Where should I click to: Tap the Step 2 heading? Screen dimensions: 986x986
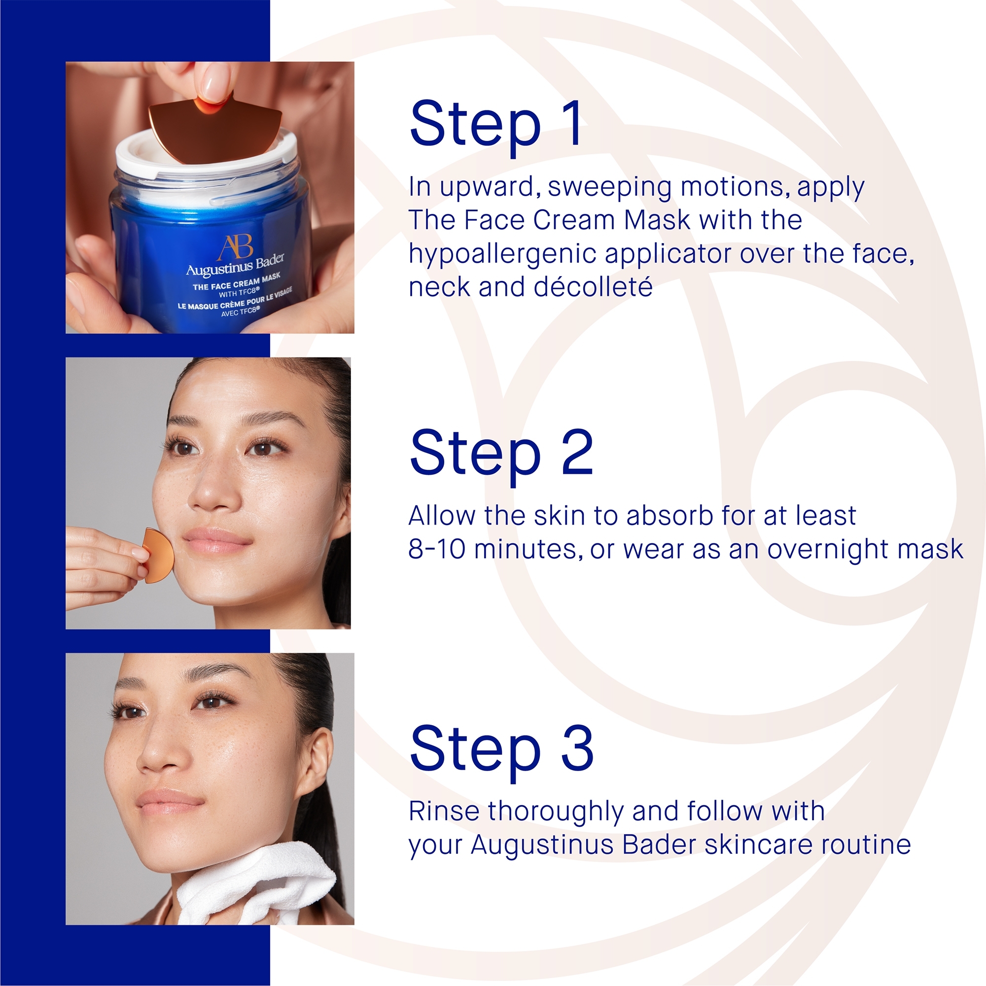[501, 453]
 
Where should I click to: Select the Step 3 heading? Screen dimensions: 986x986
[501, 749]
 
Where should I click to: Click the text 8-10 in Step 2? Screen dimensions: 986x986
[437, 550]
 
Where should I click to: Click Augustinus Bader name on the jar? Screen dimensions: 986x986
[235, 266]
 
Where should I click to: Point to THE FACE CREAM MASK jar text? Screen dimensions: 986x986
[236, 282]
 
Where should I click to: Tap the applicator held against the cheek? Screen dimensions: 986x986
[158, 555]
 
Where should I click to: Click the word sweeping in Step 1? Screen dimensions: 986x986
[609, 187]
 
